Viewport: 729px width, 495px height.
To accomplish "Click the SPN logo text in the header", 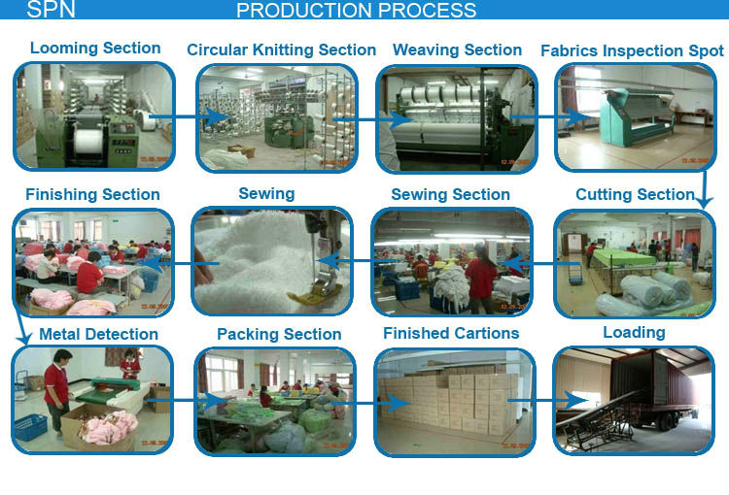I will pos(50,11).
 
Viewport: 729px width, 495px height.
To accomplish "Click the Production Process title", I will pos(357,11).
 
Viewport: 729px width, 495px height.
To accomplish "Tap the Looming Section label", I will pos(95,49).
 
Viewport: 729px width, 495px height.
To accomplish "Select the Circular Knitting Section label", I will pos(281,49).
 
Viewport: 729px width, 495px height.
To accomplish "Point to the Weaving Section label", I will pos(457,49).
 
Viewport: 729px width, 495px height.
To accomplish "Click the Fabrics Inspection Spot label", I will pos(632,50).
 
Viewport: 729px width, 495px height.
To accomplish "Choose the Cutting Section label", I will pos(635,194).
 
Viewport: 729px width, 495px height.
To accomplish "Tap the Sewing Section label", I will pos(450,194).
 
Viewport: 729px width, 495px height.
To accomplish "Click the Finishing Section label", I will pos(93,194).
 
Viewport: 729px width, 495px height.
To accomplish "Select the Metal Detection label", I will pos(98,334).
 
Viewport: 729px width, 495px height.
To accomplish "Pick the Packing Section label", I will pos(279,334).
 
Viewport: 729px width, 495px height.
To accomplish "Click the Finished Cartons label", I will pos(451,333).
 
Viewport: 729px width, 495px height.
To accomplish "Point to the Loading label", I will pos(634,332).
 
